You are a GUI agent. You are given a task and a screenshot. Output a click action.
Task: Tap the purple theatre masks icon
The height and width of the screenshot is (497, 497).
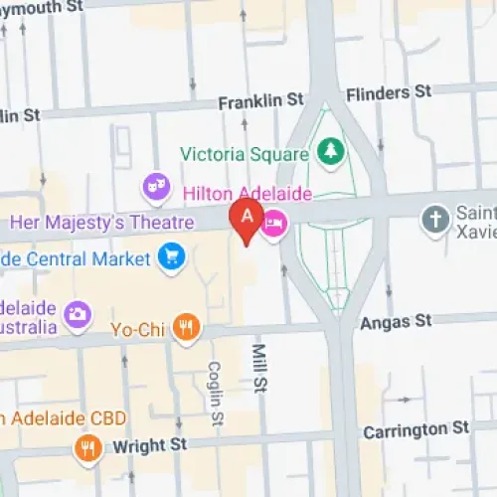click(x=154, y=185)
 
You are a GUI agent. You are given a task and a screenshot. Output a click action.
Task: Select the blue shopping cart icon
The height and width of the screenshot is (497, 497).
click(x=170, y=258)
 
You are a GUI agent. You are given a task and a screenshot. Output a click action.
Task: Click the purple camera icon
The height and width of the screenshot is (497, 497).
click(x=77, y=315)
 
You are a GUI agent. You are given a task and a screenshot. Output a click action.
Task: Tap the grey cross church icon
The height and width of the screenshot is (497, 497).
click(x=434, y=220)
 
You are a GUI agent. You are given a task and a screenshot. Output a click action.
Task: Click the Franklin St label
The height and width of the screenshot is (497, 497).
click(x=261, y=100)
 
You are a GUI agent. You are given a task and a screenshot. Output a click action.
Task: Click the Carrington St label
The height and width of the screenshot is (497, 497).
click(x=415, y=429)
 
